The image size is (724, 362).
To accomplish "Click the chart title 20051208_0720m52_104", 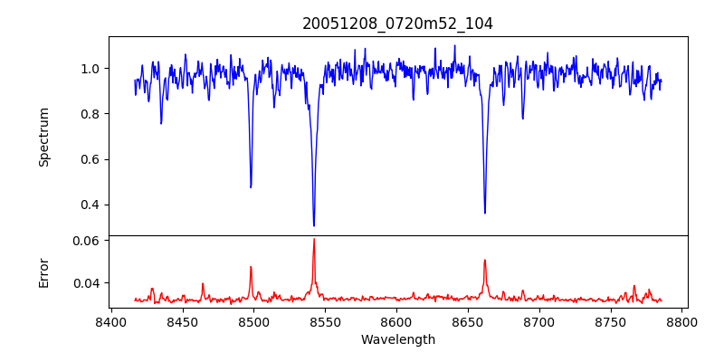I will [x=397, y=24].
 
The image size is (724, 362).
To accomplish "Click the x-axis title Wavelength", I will [x=397, y=340].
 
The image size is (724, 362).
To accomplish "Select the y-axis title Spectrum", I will [x=44, y=137].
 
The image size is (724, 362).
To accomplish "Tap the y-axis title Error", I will [x=44, y=271].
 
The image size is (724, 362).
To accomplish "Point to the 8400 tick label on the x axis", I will [x=110, y=321].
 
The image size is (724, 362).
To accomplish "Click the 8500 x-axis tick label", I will [x=253, y=321].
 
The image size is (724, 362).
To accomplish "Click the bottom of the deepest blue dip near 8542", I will [x=314, y=225].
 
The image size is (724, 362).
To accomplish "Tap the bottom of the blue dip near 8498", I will [x=251, y=186].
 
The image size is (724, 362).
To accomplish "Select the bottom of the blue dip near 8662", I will [x=485, y=213].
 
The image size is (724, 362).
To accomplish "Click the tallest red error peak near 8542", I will [x=314, y=239].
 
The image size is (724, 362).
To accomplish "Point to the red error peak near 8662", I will [x=485, y=261].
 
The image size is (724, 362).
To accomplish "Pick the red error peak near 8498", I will [x=251, y=267].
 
